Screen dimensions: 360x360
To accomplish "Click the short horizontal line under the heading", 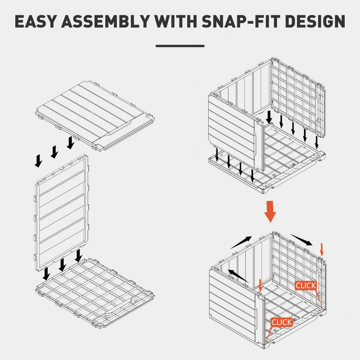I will (x=180, y=46).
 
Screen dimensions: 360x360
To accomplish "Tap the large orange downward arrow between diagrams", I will (x=270, y=212).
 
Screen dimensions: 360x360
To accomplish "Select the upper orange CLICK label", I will (x=306, y=285).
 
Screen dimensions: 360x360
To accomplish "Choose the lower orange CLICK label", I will (x=281, y=322).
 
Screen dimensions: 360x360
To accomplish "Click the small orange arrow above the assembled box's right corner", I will (x=322, y=249).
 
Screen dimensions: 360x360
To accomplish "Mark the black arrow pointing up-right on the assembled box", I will (x=241, y=242).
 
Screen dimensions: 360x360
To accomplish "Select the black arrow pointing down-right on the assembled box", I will (x=302, y=240).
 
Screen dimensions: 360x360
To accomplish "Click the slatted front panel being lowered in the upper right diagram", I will (x=234, y=131).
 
